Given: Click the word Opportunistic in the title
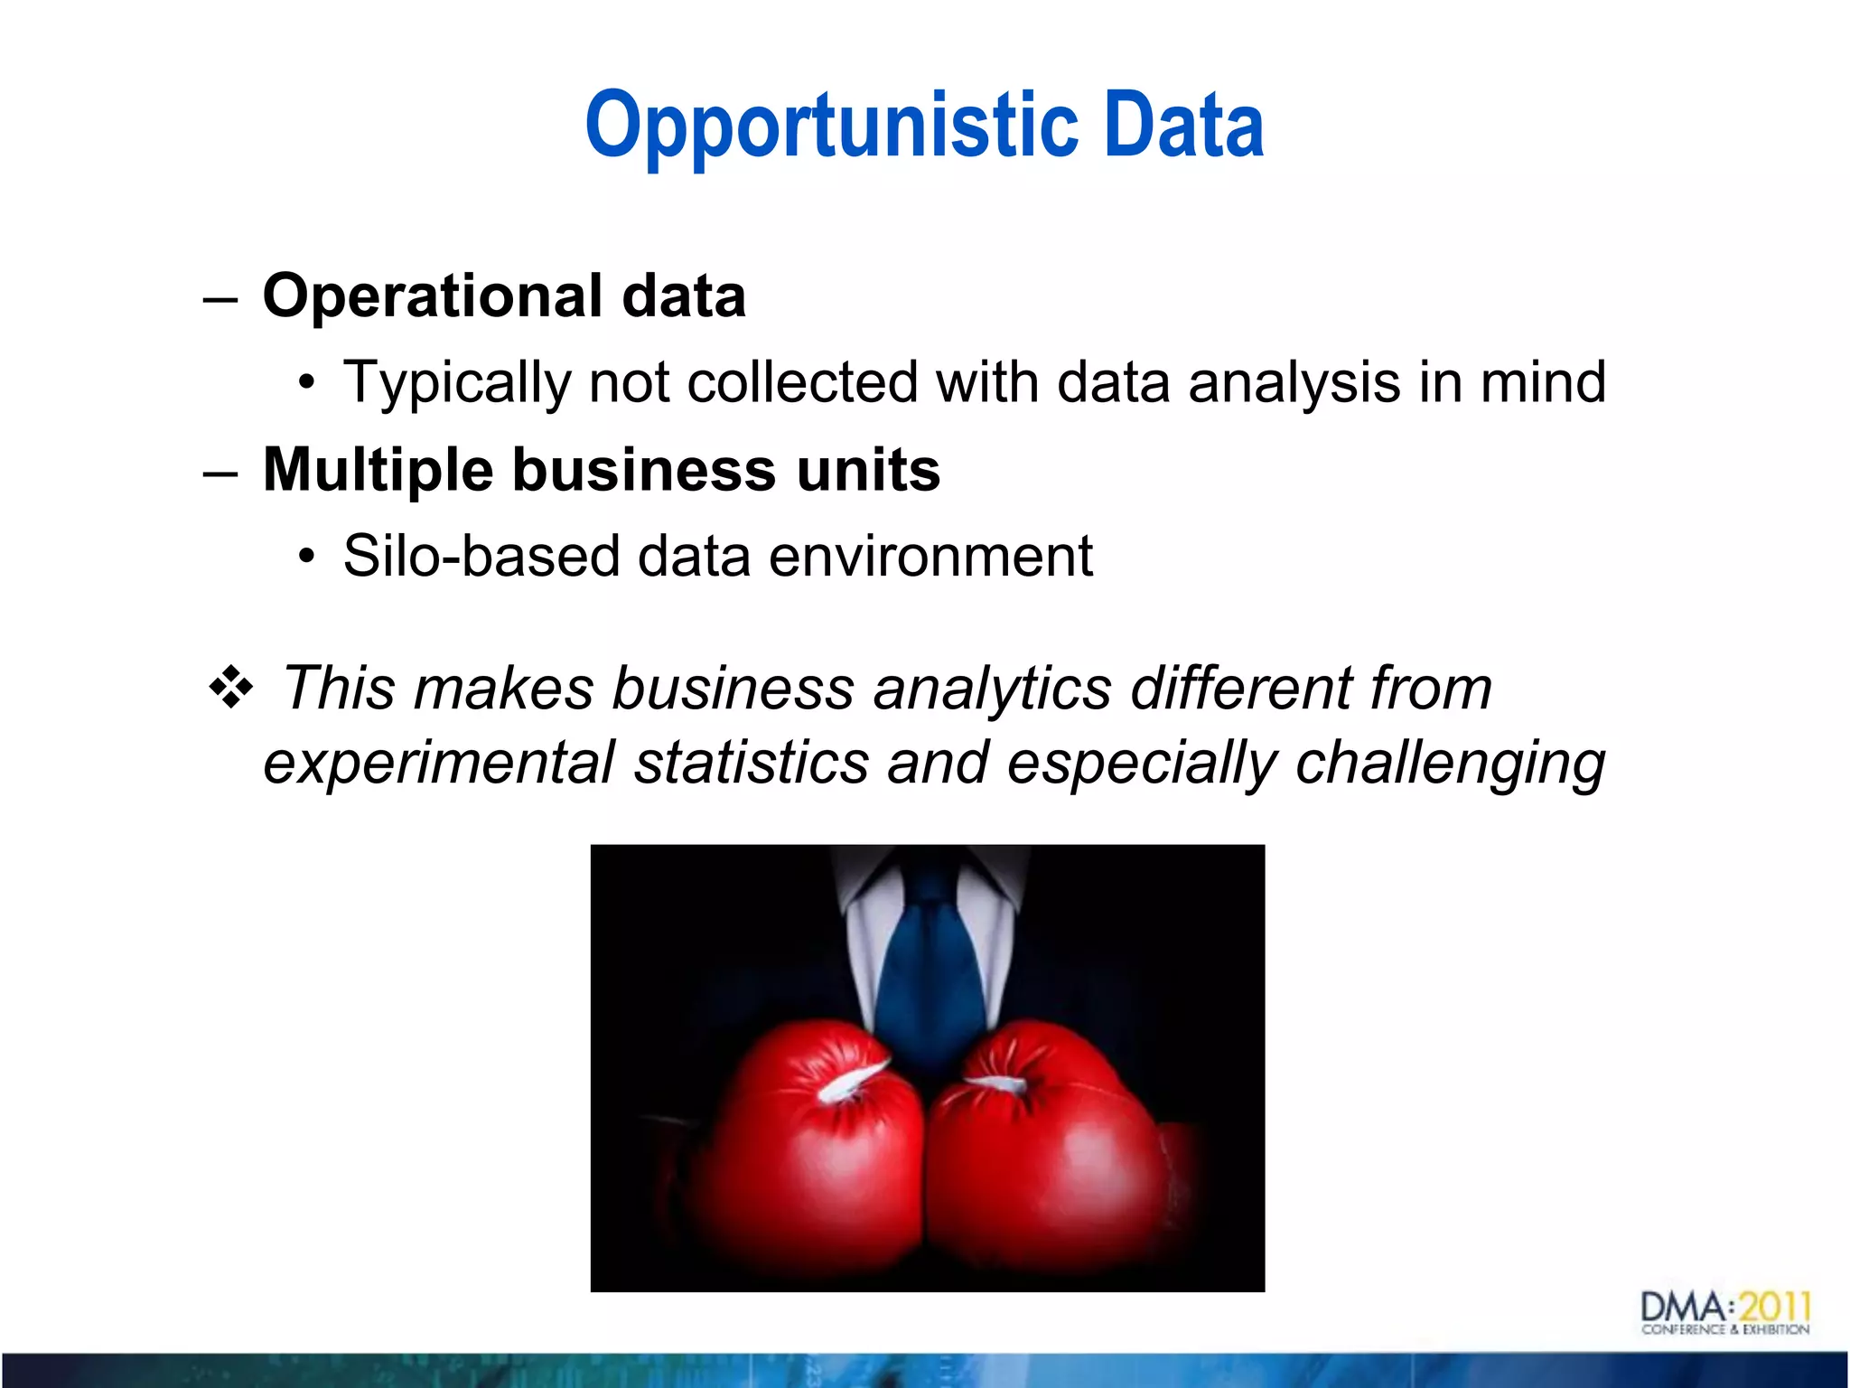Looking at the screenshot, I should [x=831, y=127].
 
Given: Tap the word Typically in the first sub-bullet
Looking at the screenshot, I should [x=456, y=383].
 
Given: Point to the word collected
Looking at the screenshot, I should [x=802, y=381].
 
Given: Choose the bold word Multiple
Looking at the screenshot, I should [x=378, y=470].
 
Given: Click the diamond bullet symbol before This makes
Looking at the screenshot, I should [x=231, y=688].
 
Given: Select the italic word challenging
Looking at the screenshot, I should [x=1449, y=764].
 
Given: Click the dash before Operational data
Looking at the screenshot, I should [x=220, y=299].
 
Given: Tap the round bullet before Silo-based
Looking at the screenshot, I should [x=307, y=557].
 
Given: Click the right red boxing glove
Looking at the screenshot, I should [x=1048, y=1148].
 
